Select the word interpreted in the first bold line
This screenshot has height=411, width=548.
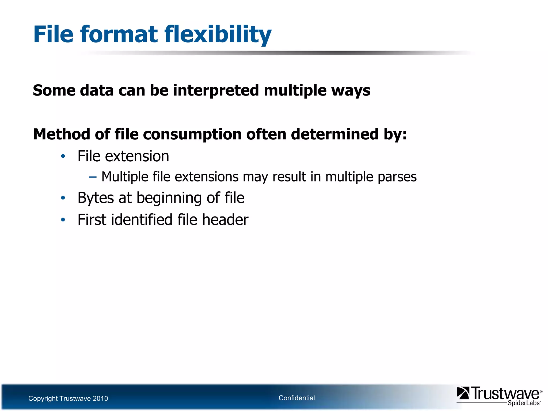point(216,90)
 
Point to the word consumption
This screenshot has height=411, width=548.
point(192,134)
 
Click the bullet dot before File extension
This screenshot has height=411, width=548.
point(63,156)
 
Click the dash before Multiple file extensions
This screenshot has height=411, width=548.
point(93,177)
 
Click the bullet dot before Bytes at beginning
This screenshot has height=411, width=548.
point(63,198)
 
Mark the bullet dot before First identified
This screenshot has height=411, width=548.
point(63,220)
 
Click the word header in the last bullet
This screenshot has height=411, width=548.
point(225,220)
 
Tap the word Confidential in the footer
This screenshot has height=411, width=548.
point(296,398)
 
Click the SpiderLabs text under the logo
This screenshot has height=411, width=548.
point(523,403)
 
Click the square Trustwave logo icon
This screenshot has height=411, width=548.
point(463,393)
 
